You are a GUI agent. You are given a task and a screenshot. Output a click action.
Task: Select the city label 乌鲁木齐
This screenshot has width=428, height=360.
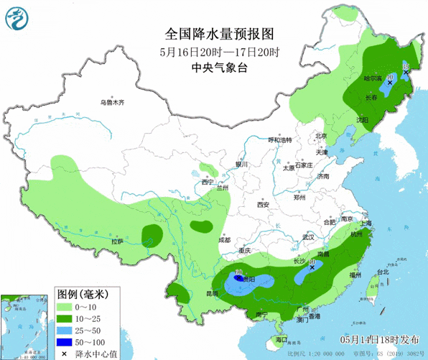112,103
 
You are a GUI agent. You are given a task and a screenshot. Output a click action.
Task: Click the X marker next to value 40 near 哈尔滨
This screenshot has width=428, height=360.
390,83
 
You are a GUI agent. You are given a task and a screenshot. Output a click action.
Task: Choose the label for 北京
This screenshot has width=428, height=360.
321,136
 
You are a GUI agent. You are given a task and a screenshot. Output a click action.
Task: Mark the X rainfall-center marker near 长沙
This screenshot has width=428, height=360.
312,267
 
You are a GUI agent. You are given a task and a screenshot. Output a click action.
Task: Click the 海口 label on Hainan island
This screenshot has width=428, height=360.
282,339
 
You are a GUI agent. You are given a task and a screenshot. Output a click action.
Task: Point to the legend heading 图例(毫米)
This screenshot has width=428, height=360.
83,294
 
